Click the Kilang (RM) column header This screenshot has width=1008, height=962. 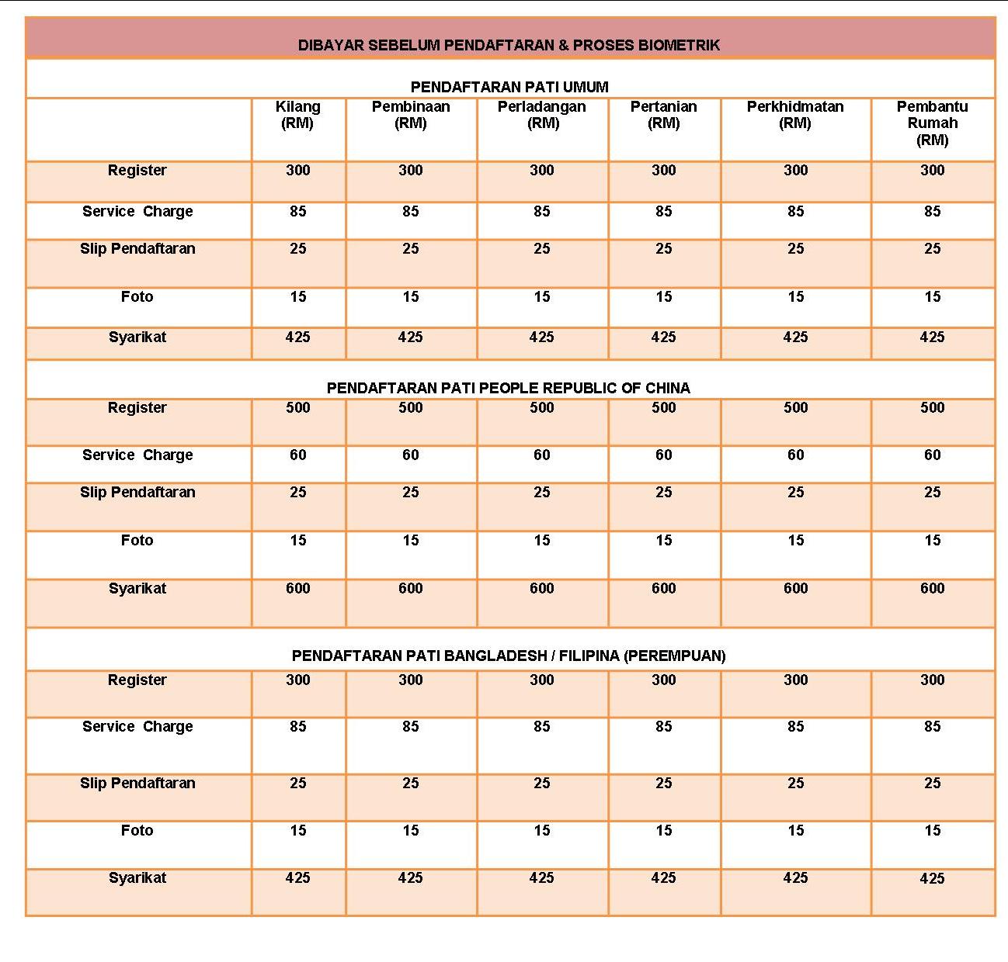(x=297, y=115)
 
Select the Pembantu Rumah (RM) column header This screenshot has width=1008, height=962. (x=932, y=123)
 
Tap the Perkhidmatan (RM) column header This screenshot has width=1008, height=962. (x=794, y=115)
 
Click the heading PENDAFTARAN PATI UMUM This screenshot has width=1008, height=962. (x=509, y=87)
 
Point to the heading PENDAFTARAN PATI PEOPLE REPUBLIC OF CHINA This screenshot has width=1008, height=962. (x=508, y=388)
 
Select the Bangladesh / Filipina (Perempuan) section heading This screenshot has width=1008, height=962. (x=509, y=656)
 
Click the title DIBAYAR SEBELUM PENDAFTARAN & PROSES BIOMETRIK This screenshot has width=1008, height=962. (x=509, y=45)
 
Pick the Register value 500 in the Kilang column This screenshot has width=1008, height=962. (x=297, y=408)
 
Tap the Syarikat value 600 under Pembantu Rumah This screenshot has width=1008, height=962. (x=932, y=589)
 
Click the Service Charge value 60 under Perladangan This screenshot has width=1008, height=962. (x=541, y=455)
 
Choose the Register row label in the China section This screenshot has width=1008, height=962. (x=137, y=408)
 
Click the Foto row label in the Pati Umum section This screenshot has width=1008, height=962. (x=137, y=297)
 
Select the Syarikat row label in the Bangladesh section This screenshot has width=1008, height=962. (x=137, y=878)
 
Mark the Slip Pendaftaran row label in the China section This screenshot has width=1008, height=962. (x=137, y=493)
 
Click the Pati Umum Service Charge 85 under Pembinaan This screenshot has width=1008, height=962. (x=410, y=212)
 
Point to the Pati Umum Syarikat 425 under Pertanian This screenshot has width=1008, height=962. (x=663, y=337)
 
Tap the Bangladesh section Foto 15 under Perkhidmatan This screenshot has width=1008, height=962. (x=795, y=831)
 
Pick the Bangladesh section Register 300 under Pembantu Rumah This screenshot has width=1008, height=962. (x=932, y=680)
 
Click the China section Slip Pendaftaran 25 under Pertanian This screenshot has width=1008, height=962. (x=663, y=493)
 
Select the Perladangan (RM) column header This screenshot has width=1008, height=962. (x=541, y=115)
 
